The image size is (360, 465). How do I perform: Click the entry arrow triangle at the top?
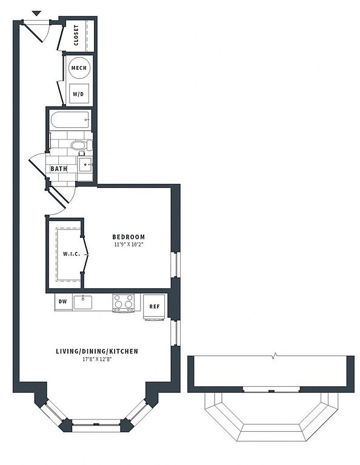[x=36, y=13]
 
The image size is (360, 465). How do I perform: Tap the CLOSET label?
[x=76, y=35]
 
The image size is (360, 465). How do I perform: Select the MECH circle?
[x=79, y=68]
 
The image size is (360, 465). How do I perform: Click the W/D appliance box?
[x=79, y=94]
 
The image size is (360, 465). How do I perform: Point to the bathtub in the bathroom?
[x=70, y=120]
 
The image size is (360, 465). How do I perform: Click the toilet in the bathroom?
[x=81, y=145]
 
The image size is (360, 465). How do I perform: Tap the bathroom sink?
[x=85, y=164]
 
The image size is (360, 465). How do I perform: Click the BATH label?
[x=59, y=169]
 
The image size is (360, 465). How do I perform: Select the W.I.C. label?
[x=72, y=254]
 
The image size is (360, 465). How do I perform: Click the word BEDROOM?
[x=128, y=237]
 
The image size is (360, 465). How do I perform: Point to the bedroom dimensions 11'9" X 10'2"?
[x=128, y=245]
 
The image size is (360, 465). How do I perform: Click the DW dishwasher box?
[x=63, y=302]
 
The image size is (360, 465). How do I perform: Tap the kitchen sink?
[x=83, y=302]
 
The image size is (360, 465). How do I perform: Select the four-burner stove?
[x=123, y=303]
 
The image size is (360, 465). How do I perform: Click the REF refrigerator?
[x=154, y=307]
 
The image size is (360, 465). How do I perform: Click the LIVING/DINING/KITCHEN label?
[x=97, y=351]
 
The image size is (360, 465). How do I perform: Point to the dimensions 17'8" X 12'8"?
[x=97, y=360]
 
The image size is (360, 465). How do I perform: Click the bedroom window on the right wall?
[x=175, y=265]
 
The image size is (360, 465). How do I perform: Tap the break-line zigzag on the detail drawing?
[x=275, y=355]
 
